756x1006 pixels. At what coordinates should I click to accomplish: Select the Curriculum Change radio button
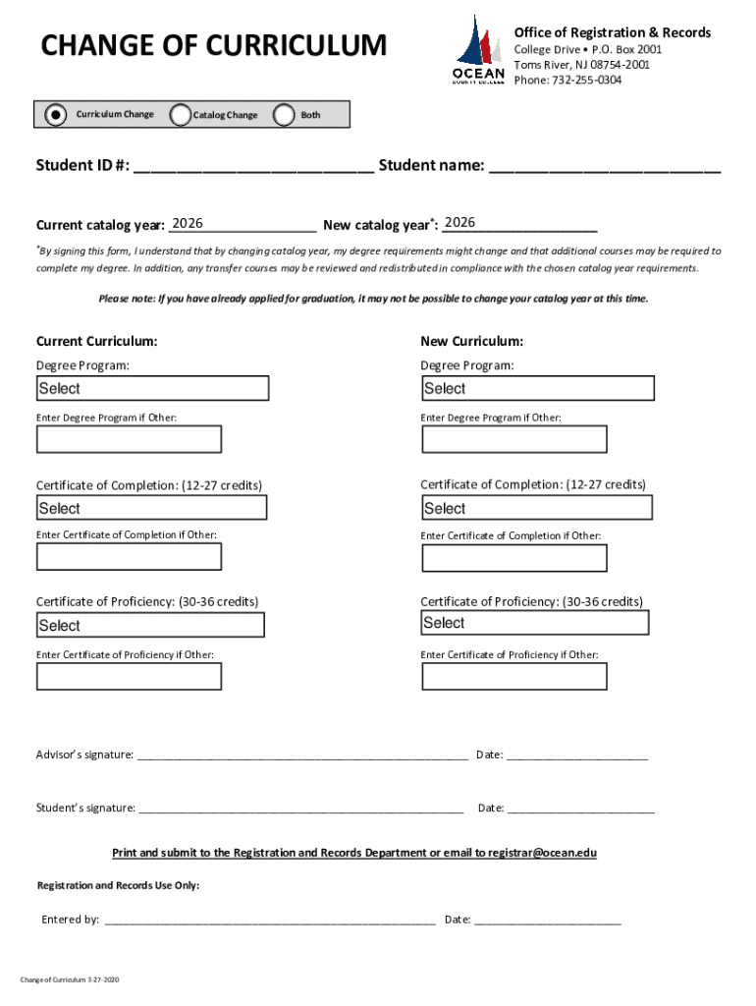(x=57, y=115)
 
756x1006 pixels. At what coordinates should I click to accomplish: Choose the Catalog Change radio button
(x=181, y=115)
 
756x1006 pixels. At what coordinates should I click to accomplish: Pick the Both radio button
(x=285, y=115)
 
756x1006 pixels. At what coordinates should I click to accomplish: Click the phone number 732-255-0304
(x=585, y=80)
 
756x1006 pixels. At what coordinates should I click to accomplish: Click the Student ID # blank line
(x=253, y=166)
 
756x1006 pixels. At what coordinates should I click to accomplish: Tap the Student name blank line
(x=605, y=166)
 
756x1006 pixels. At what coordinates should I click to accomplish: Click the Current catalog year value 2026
(x=187, y=224)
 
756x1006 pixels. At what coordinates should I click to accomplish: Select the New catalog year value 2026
(x=459, y=224)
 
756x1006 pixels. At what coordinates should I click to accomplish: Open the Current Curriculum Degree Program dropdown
(x=152, y=388)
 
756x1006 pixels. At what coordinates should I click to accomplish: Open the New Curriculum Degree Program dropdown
(x=537, y=388)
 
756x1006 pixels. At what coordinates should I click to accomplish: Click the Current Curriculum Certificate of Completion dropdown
(x=151, y=508)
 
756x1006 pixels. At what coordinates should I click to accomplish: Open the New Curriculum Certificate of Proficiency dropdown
(x=535, y=623)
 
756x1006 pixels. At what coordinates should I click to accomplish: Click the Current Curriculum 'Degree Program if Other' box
(x=129, y=439)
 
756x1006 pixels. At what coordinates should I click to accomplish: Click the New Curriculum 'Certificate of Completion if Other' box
(x=514, y=558)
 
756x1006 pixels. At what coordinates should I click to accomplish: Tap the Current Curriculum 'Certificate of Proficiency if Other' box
(x=129, y=677)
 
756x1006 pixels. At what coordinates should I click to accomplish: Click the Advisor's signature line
(x=302, y=755)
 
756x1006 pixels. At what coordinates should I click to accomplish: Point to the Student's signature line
(x=301, y=809)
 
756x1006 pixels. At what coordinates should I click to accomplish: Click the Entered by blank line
(x=270, y=921)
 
